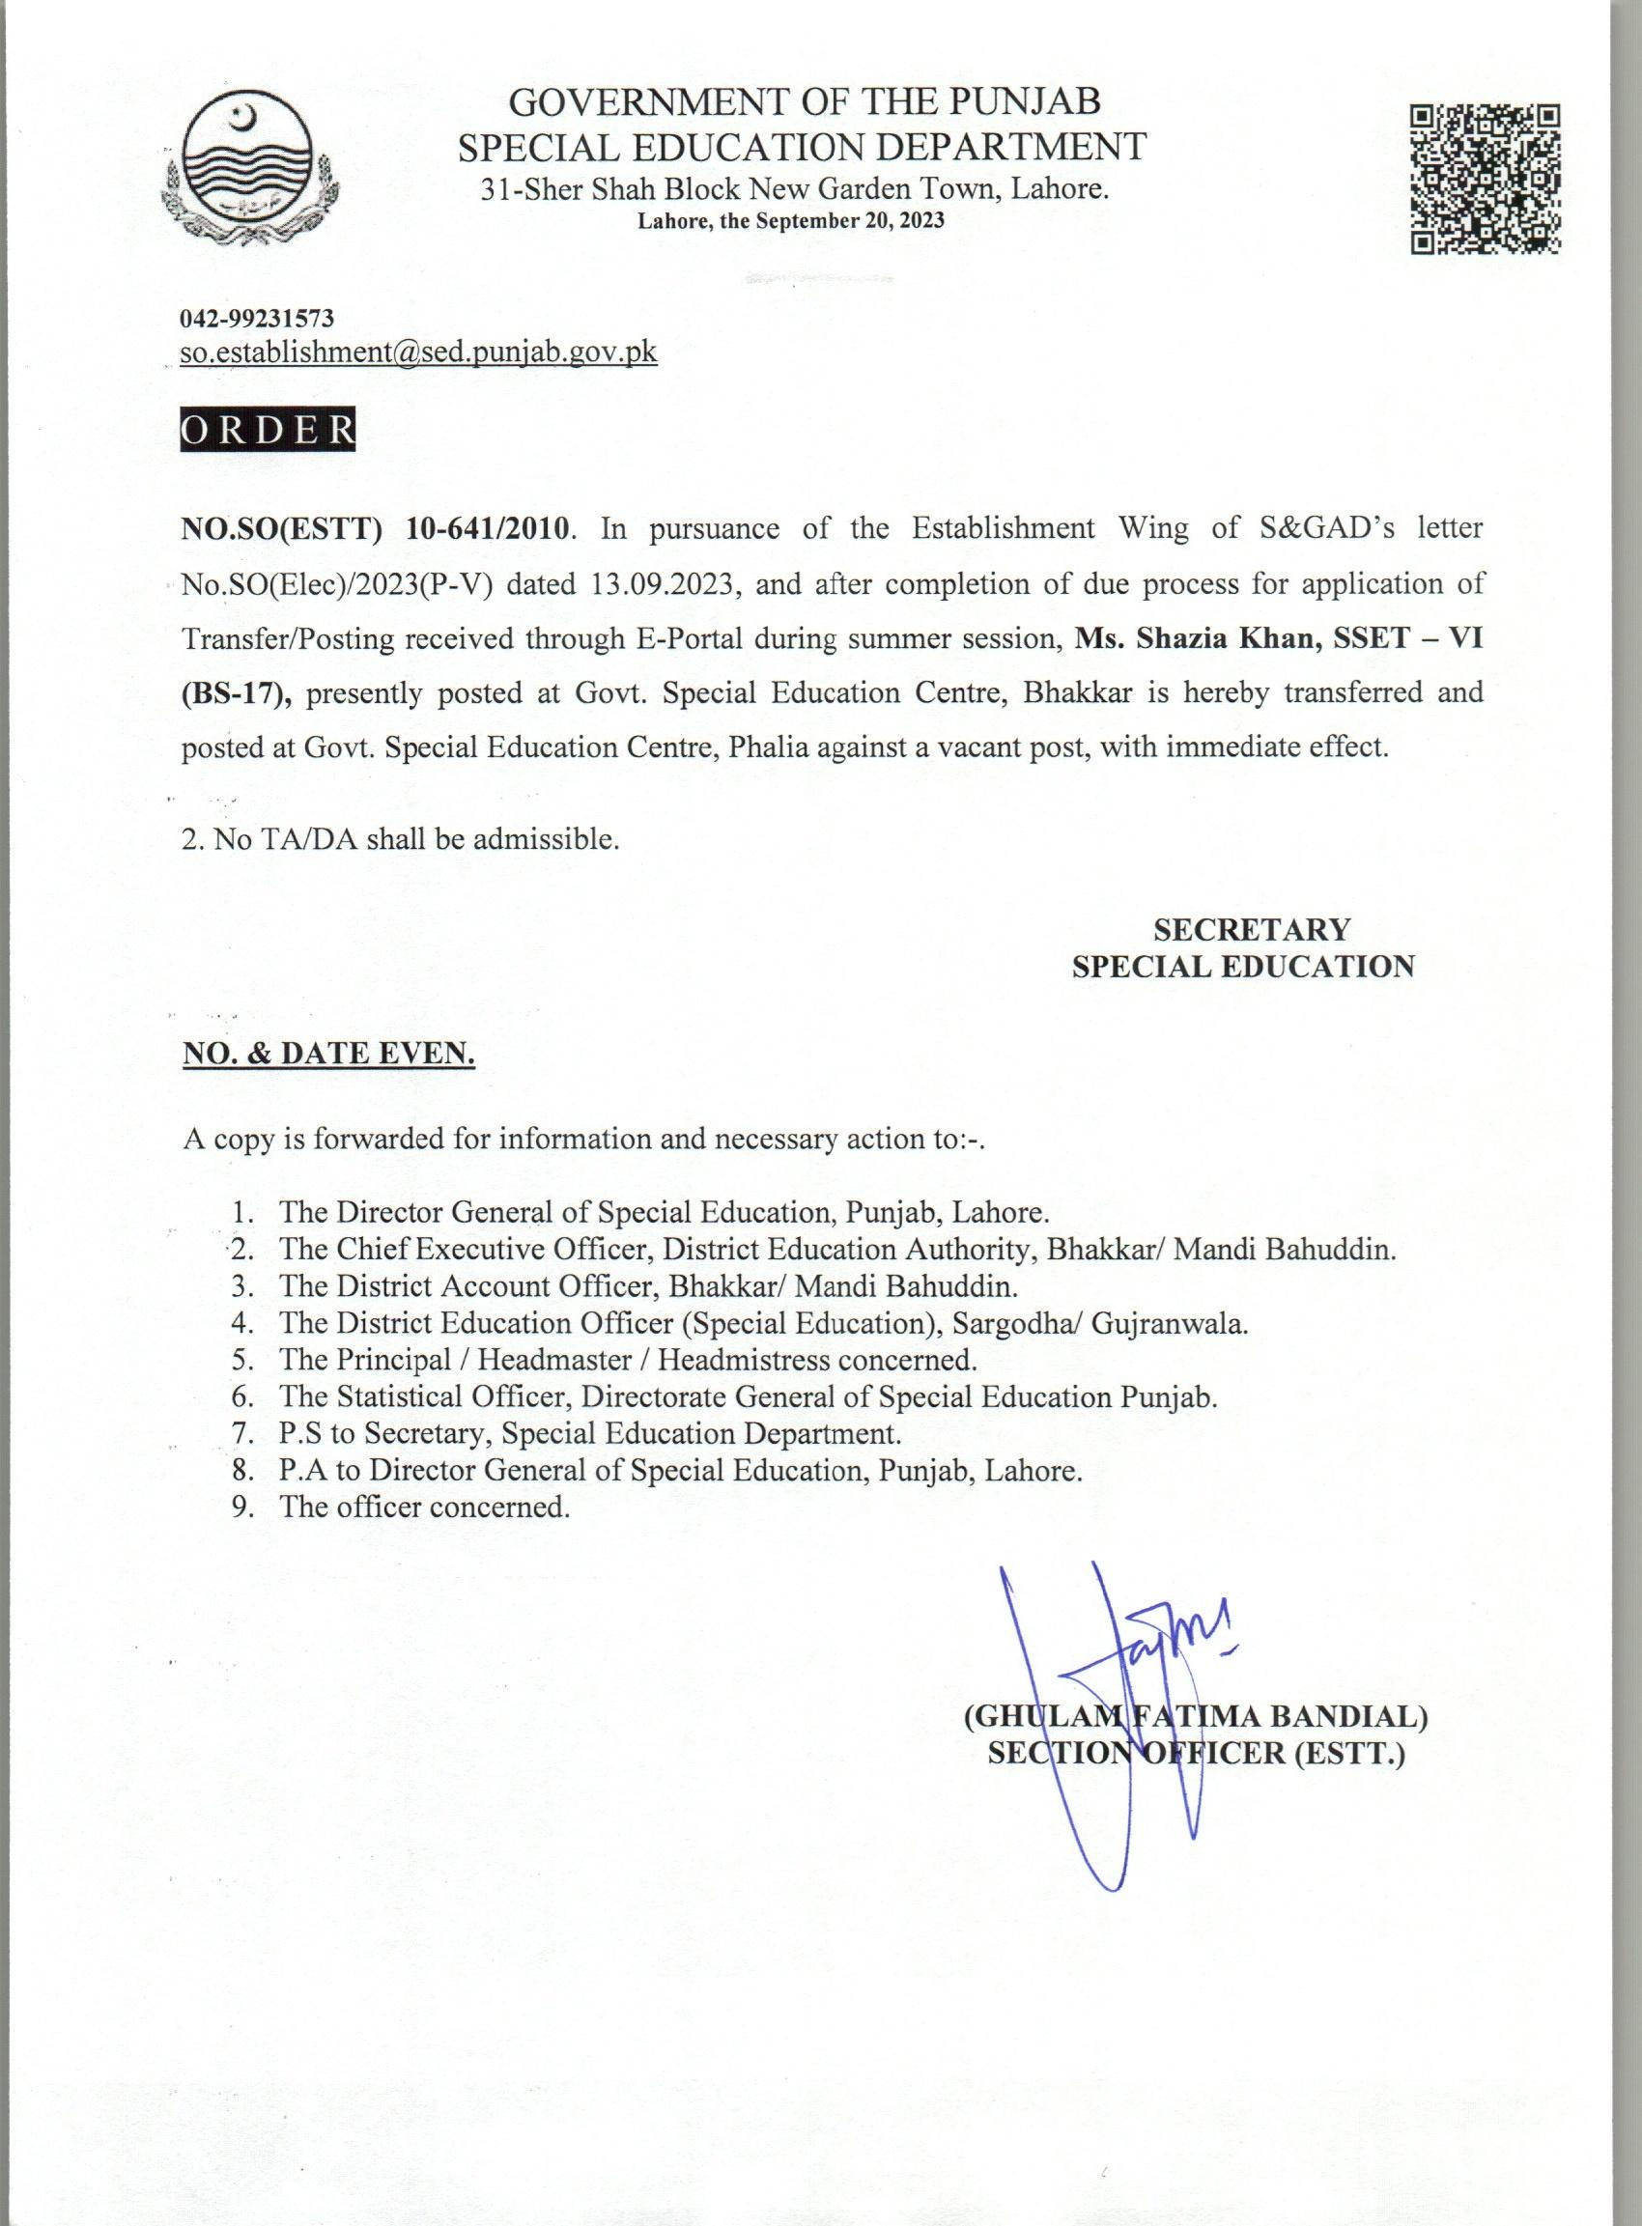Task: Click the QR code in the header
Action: tap(1486, 179)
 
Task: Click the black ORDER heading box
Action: tap(267, 430)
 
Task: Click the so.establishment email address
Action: tap(418, 352)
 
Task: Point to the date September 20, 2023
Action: tap(849, 220)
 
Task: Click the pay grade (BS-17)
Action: tap(236, 692)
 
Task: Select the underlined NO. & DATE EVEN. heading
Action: tap(328, 1054)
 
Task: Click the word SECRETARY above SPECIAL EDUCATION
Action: tap(1252, 929)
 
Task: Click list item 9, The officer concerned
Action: tap(424, 1507)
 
